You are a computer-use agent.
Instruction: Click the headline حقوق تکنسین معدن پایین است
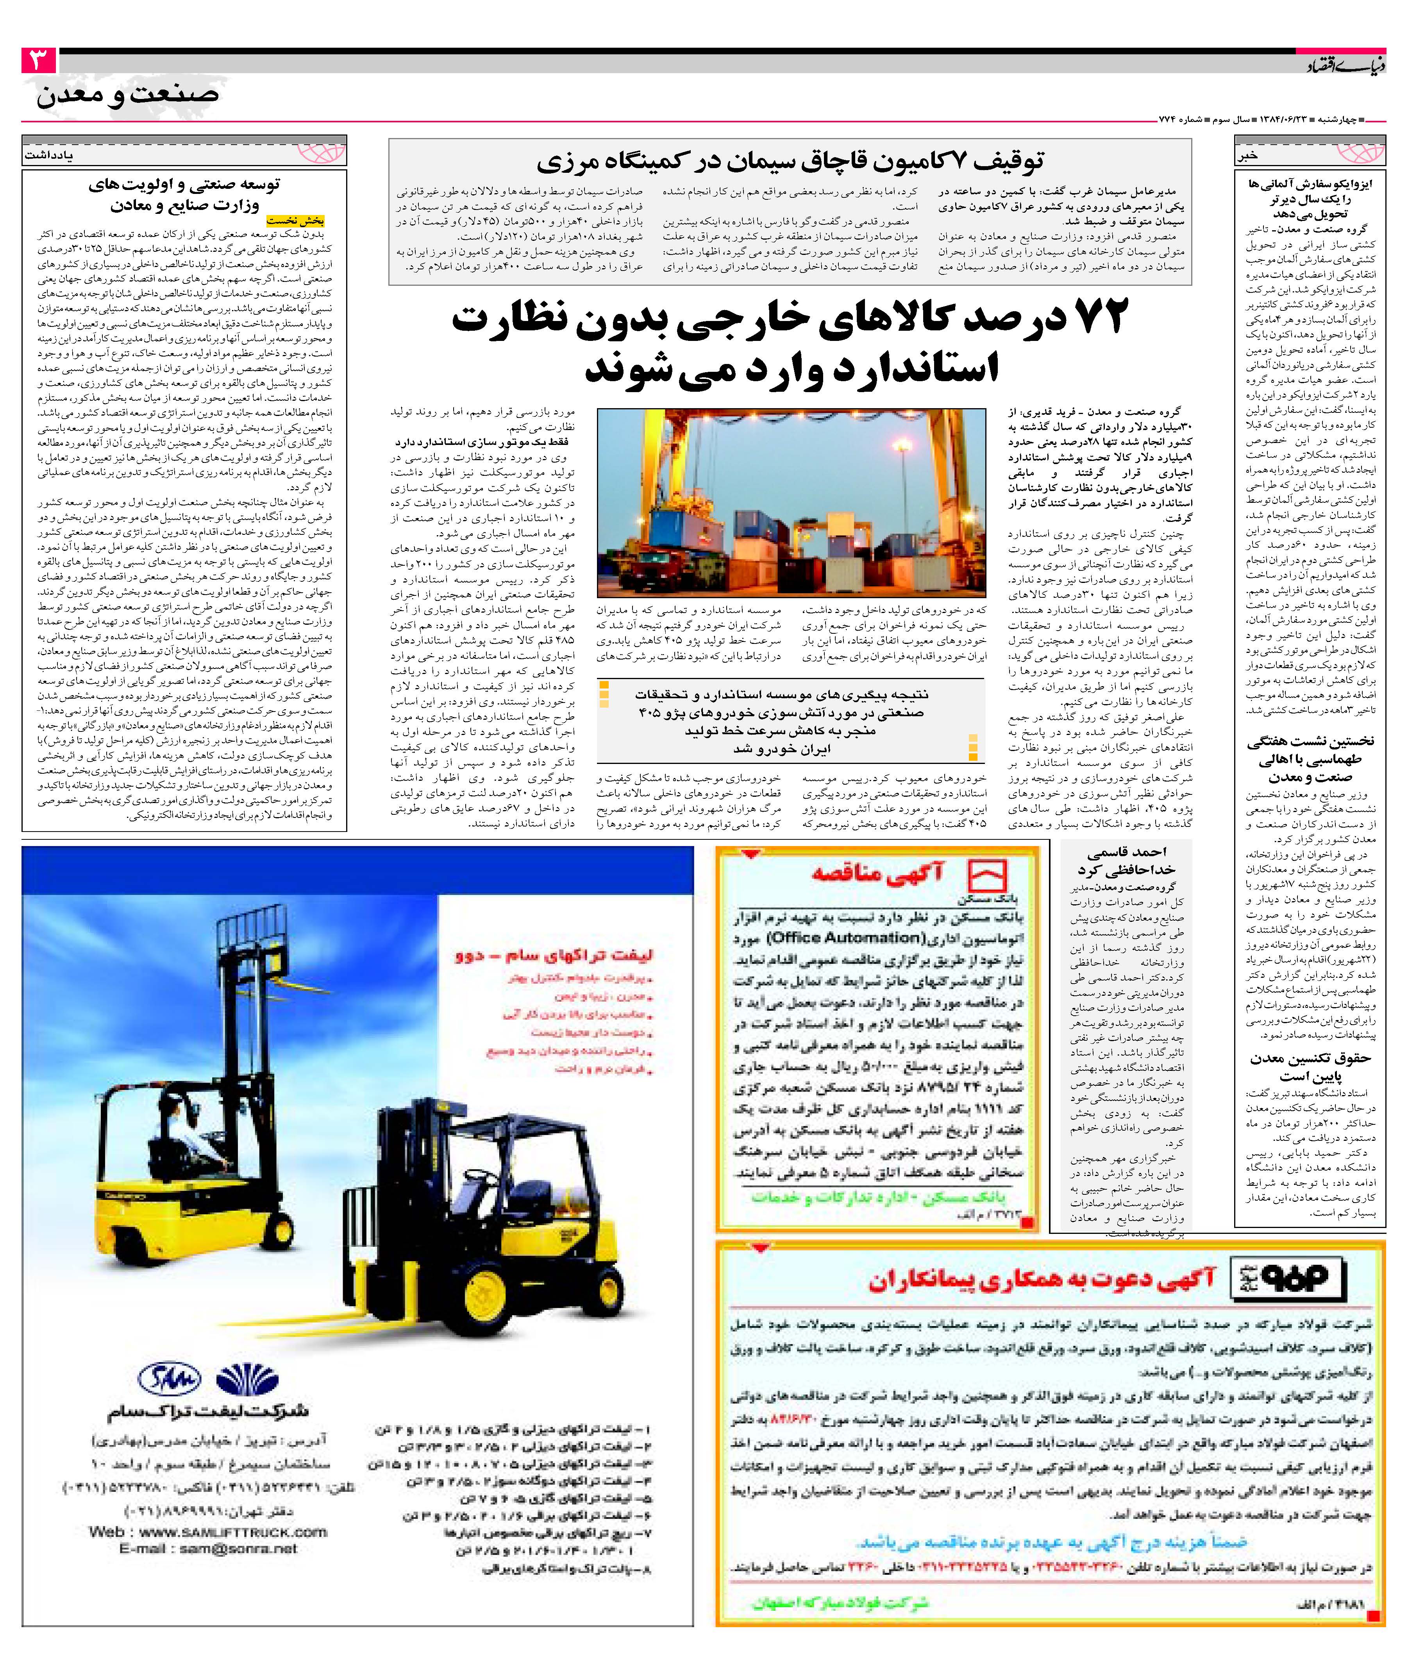(x=1310, y=1067)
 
